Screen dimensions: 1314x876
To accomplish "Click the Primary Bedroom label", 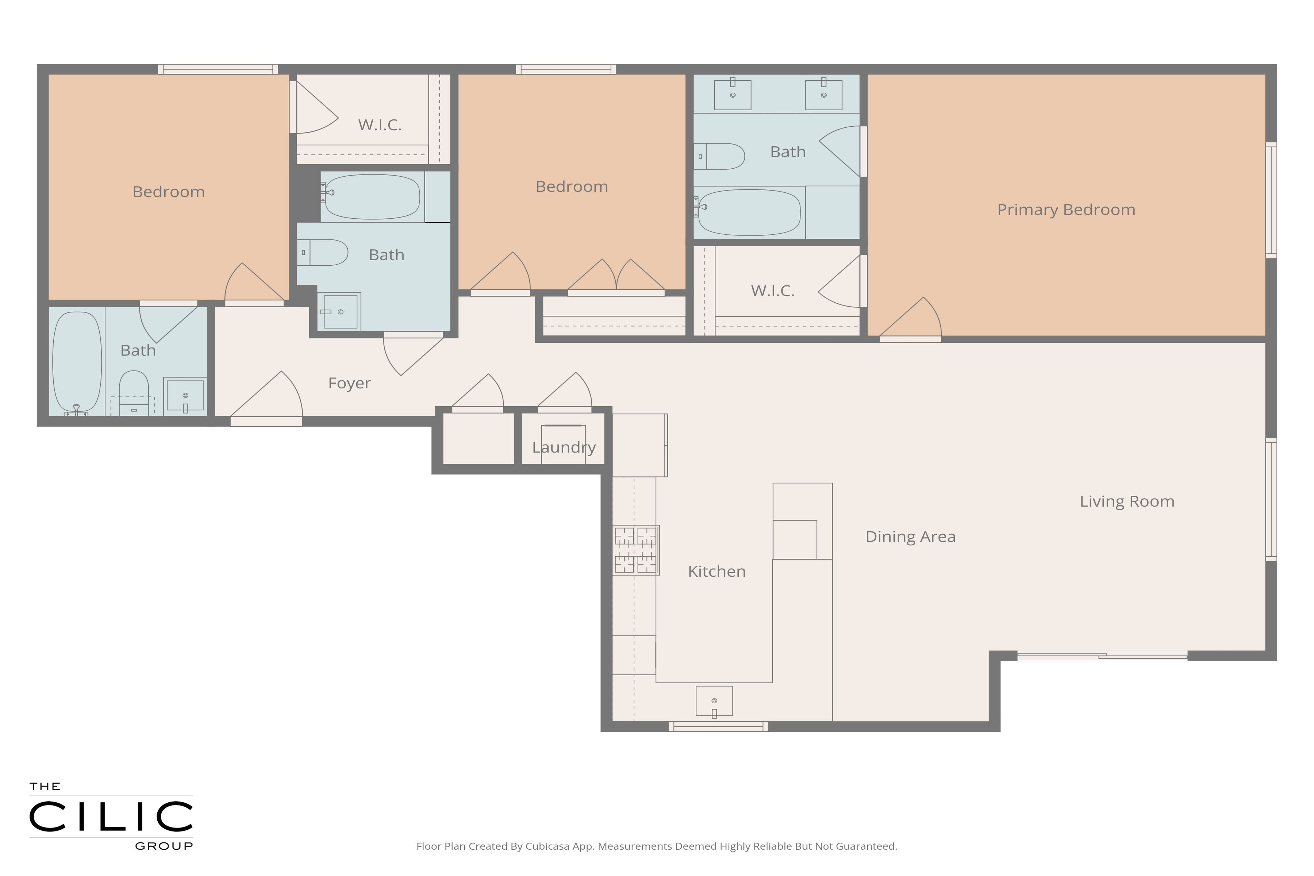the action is pyautogui.click(x=1066, y=210).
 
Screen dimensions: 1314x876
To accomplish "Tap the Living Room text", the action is pyautogui.click(x=1127, y=501).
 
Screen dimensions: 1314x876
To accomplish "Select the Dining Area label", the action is pyautogui.click(x=910, y=536).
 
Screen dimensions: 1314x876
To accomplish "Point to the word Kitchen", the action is pyautogui.click(x=717, y=571).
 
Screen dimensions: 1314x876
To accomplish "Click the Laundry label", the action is pyautogui.click(x=564, y=447).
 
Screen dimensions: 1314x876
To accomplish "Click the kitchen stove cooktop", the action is pyautogui.click(x=636, y=550).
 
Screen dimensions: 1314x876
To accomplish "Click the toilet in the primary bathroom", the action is pyautogui.click(x=719, y=157).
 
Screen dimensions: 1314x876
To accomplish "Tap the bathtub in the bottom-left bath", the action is pyautogui.click(x=77, y=363).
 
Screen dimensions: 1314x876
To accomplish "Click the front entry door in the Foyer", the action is pyautogui.click(x=266, y=397).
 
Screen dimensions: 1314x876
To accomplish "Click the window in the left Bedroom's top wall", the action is pyautogui.click(x=218, y=69).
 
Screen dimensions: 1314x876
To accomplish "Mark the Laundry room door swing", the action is pyautogui.click(x=565, y=391).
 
